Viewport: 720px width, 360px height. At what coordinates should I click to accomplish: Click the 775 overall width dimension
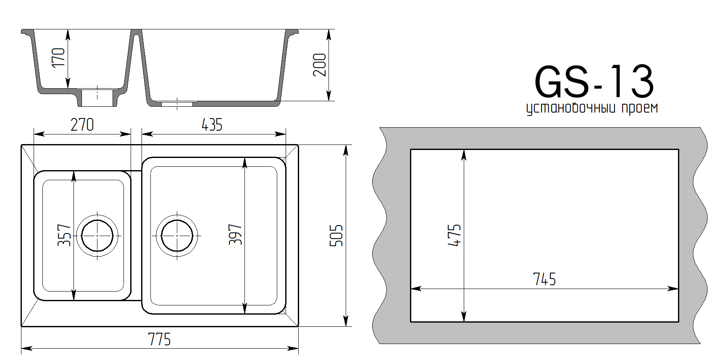(x=159, y=339)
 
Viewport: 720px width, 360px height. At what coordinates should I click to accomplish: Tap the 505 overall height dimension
(x=336, y=236)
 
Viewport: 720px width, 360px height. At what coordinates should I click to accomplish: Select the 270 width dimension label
(x=82, y=125)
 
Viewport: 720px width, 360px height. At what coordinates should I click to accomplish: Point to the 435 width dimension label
(x=212, y=125)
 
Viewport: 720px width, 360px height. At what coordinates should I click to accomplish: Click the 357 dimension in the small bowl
(x=64, y=236)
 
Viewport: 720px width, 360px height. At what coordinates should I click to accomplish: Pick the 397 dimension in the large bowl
(x=235, y=235)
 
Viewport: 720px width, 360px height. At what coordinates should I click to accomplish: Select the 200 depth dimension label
(x=320, y=65)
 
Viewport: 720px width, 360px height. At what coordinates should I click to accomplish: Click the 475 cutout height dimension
(x=454, y=236)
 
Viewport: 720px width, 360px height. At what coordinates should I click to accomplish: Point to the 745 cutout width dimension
(x=544, y=279)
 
